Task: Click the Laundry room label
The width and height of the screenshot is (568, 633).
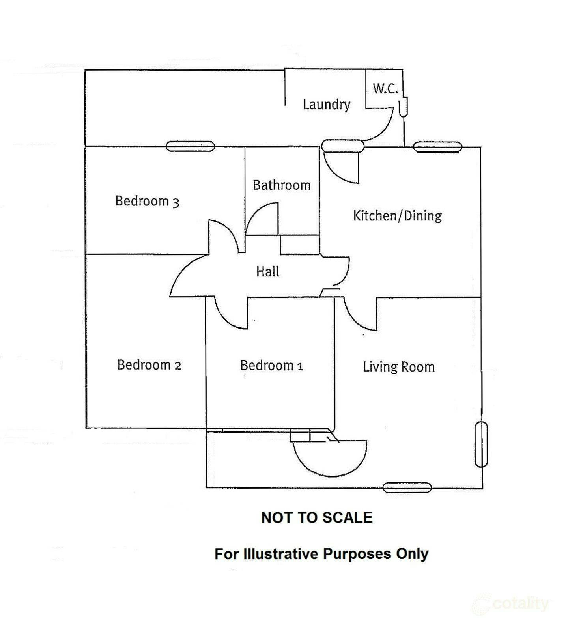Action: tap(326, 105)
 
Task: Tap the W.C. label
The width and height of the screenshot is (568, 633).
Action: tap(385, 88)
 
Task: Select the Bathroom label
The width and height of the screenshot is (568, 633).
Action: tap(281, 185)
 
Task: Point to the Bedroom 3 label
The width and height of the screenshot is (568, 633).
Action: tap(147, 201)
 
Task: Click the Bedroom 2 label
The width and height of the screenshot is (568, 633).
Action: tap(149, 365)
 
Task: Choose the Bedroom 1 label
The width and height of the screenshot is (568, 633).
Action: tap(271, 366)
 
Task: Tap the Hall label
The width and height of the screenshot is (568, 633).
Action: tap(267, 272)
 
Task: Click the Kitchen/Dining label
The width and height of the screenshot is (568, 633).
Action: tap(397, 216)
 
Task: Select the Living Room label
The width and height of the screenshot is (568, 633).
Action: tap(399, 367)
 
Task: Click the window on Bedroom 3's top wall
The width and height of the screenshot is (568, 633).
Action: tap(190, 146)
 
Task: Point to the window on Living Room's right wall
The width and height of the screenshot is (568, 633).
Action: tap(481, 444)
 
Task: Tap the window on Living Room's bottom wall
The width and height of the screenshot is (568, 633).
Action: tap(407, 488)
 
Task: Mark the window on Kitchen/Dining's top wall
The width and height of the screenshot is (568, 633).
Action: tap(437, 147)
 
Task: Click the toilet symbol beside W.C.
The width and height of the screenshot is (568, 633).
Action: tap(403, 106)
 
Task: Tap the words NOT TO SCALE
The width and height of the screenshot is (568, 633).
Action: tap(317, 517)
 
